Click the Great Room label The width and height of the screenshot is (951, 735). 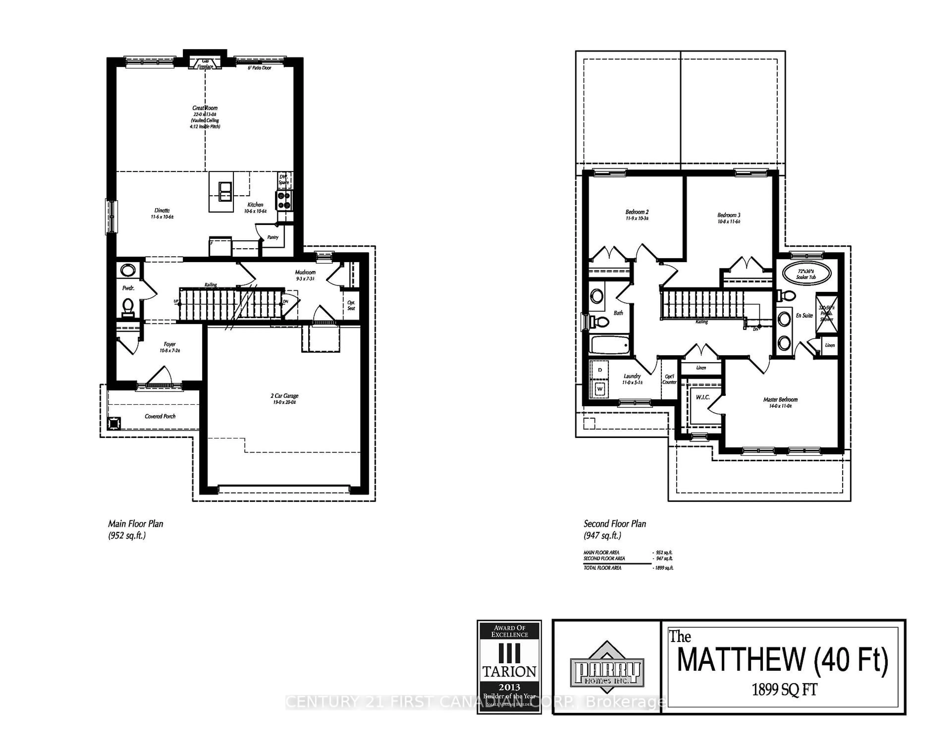point(205,108)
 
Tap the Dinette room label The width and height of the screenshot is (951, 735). point(162,210)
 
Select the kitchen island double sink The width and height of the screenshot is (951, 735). point(225,192)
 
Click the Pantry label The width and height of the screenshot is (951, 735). point(273,237)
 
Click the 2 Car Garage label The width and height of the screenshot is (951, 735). point(284,396)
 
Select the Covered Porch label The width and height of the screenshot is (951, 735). point(160,416)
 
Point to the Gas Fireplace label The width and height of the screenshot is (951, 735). point(205,64)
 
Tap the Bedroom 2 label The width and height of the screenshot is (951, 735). point(637,212)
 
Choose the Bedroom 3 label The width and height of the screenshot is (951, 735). point(729,215)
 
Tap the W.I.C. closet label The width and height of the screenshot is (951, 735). point(702,397)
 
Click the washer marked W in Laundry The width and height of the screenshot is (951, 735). point(600,389)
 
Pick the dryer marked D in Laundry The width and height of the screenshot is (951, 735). point(600,370)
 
